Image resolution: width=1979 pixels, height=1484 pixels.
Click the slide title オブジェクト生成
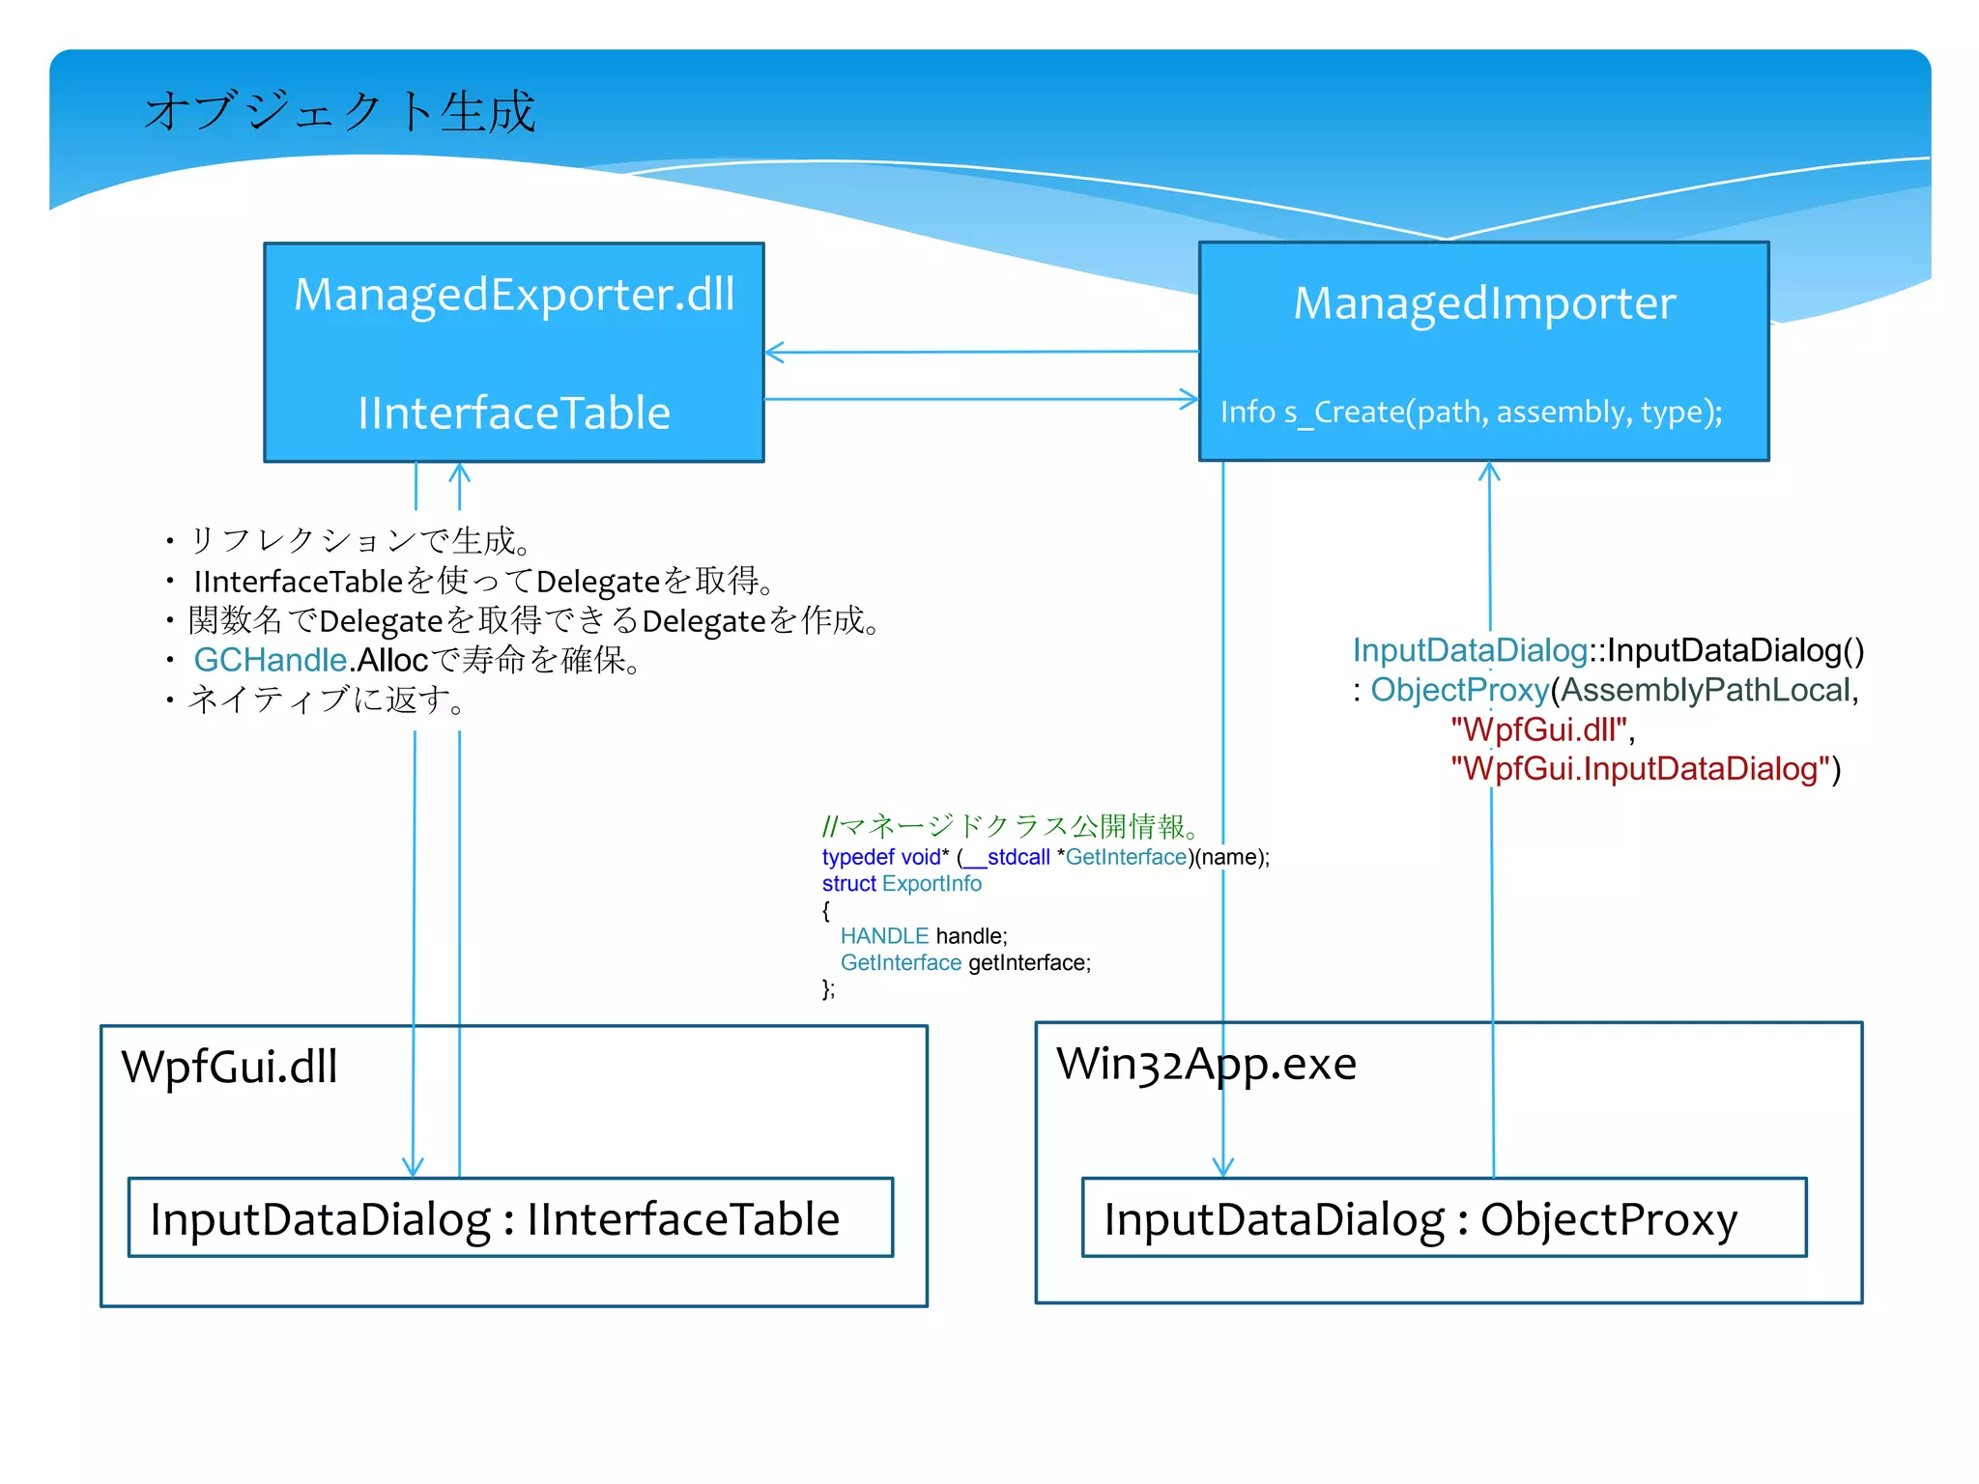click(x=339, y=111)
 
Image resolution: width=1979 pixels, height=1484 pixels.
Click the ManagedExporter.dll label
click(x=514, y=295)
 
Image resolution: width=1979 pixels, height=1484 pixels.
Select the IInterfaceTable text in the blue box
click(x=514, y=413)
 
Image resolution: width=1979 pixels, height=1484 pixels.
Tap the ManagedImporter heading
click(x=1484, y=303)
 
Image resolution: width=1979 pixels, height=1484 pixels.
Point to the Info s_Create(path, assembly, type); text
click(x=1471, y=413)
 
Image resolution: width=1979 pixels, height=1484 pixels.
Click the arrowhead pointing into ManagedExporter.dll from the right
click(x=774, y=352)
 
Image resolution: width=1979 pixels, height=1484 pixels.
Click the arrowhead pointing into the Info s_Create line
click(x=1190, y=399)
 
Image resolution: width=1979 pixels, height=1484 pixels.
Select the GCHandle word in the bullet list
click(x=270, y=660)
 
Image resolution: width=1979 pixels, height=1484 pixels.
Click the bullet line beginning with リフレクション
click(x=358, y=541)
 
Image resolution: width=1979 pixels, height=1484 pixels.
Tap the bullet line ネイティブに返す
click(x=325, y=699)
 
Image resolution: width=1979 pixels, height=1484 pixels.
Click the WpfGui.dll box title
click(x=230, y=1067)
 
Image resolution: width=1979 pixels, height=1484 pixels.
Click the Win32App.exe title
click(x=1206, y=1064)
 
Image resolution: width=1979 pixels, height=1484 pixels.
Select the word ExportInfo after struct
click(x=932, y=884)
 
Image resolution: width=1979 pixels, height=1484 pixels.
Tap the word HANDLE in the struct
click(x=884, y=936)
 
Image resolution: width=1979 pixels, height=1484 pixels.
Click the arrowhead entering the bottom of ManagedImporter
click(x=1489, y=471)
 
